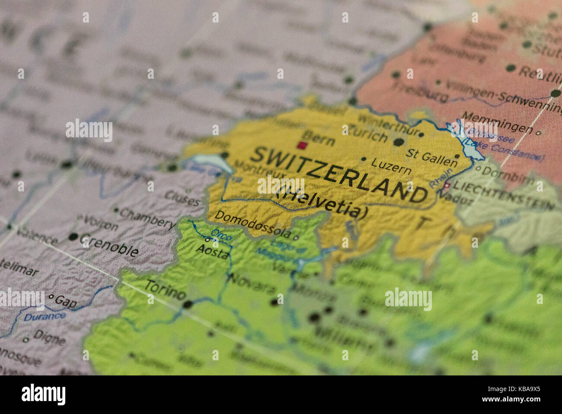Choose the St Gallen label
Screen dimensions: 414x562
point(431,157)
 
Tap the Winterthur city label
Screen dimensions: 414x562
point(388,124)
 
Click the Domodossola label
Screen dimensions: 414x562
point(253,223)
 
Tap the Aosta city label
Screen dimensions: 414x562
point(212,252)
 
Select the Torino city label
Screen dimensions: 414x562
point(164,289)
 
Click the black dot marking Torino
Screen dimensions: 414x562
point(187,304)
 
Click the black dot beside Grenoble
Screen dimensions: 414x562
point(73,237)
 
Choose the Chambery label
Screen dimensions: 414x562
point(147,218)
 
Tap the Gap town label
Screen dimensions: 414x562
point(66,302)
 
